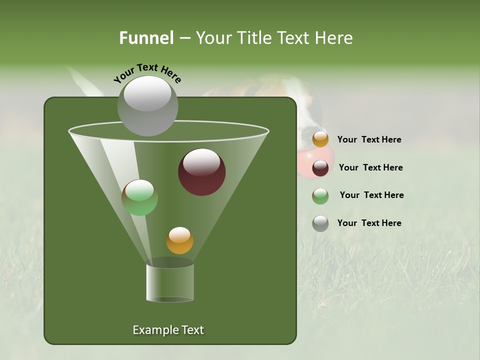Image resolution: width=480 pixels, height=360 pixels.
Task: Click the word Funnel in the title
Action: click(x=146, y=38)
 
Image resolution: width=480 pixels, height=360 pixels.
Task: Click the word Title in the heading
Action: click(x=255, y=38)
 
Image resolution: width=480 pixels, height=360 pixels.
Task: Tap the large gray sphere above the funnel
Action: click(x=147, y=105)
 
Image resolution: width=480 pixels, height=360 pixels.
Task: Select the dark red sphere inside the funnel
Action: click(x=202, y=172)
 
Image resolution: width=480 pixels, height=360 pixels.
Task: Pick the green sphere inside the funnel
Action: click(x=139, y=197)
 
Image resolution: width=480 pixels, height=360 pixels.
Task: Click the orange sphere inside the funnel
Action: click(x=179, y=240)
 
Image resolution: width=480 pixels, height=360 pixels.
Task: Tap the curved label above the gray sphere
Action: click(x=147, y=73)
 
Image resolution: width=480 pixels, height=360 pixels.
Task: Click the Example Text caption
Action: click(x=168, y=330)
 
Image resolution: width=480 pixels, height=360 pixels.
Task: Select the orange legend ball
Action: click(x=320, y=139)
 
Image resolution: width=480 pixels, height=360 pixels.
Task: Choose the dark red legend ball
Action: click(x=320, y=168)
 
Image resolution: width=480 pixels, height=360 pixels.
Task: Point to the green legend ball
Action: click(x=320, y=196)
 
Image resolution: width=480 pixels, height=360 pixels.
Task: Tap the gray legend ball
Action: click(x=320, y=223)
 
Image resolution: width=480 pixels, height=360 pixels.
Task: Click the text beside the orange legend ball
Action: click(x=369, y=140)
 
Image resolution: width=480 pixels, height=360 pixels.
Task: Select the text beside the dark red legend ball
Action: click(x=370, y=167)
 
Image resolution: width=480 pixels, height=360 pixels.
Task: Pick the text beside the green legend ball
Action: click(x=371, y=195)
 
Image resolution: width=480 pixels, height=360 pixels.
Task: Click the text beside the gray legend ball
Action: click(x=369, y=223)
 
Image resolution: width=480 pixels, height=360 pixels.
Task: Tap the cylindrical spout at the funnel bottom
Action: click(x=170, y=282)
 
